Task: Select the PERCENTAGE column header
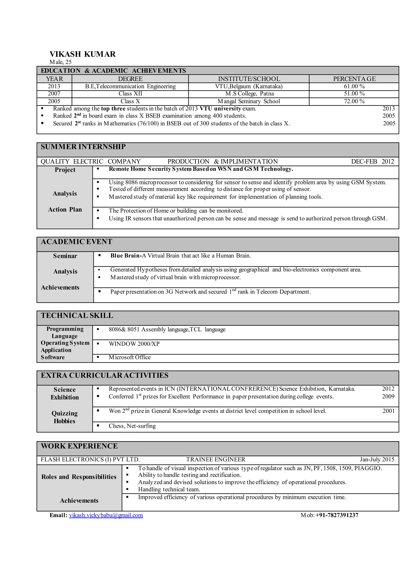pos(354,79)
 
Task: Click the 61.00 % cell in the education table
pos(354,87)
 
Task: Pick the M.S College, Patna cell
pos(249,94)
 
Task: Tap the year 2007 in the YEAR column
pos(54,94)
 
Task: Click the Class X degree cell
pos(130,101)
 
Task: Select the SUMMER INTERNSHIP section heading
pos(83,147)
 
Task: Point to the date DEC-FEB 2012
pos(372,161)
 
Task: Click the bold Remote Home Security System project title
pos(201,169)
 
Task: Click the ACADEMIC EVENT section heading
pos(76,242)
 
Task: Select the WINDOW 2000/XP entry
pos(134,344)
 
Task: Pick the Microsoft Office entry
pos(129,357)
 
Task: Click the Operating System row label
pos(65,343)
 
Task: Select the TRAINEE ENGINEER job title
pos(215,459)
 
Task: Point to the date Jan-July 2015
pos(377,459)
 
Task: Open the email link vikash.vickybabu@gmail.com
pos(106,515)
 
